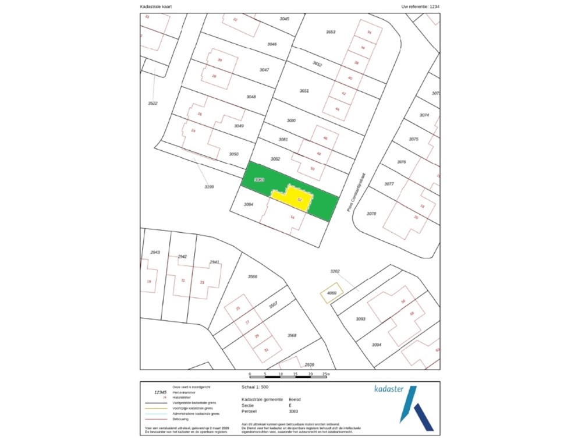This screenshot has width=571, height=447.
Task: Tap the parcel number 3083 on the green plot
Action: pyautogui.click(x=260, y=180)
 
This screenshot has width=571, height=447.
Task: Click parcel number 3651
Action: pyautogui.click(x=304, y=91)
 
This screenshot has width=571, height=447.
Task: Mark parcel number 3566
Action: pyautogui.click(x=253, y=276)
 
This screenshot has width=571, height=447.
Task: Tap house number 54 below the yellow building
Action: pyautogui.click(x=292, y=217)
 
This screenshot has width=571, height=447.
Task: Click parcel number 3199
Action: pyautogui.click(x=210, y=187)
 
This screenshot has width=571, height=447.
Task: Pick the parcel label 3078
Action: pyautogui.click(x=371, y=214)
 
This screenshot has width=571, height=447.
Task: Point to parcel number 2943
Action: pyautogui.click(x=155, y=252)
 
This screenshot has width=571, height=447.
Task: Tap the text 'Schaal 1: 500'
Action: pyautogui.click(x=255, y=386)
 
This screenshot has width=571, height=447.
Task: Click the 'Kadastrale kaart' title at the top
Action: pyautogui.click(x=156, y=7)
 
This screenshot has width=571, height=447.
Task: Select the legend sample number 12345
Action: pyautogui.click(x=154, y=392)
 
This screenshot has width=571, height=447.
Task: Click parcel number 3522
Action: pyautogui.click(x=153, y=103)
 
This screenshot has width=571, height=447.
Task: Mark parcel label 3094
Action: pyautogui.click(x=377, y=345)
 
